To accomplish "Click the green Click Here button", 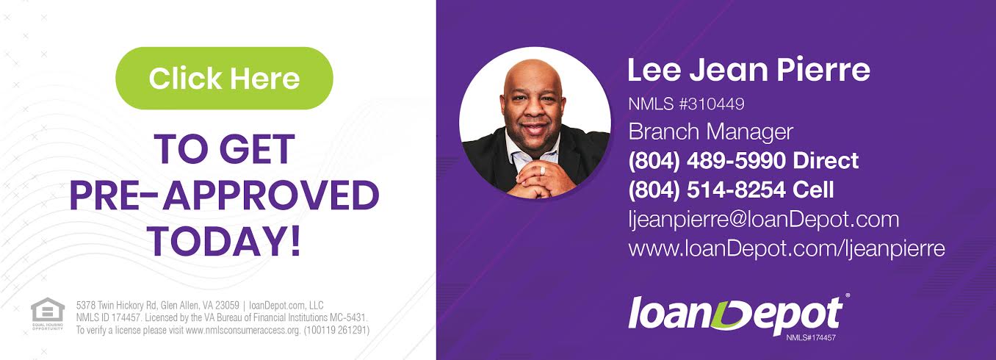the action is coord(224,79).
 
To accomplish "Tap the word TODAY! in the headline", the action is coord(224,242).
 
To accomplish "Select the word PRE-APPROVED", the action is coord(224,195).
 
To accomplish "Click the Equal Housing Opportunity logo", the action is coord(47,314).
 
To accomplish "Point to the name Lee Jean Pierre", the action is coord(748,70).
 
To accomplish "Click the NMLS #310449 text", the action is coord(686,104).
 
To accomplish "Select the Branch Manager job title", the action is coord(710,132).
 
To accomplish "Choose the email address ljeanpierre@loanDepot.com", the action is coord(763,220).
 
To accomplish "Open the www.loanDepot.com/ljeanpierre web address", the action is coord(787,248).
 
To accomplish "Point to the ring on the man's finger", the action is coord(543,170).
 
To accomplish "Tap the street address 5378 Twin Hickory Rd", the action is coord(117,306).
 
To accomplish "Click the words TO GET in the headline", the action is coord(224,149).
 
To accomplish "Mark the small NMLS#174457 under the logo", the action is coord(811,338).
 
